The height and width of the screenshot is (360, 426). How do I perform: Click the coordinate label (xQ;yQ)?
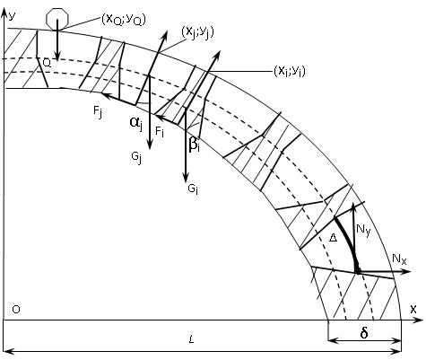[124, 20]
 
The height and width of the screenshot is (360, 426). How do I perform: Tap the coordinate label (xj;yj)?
[197, 32]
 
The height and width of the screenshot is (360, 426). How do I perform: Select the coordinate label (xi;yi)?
[290, 72]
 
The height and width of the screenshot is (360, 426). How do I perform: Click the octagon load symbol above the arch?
[57, 19]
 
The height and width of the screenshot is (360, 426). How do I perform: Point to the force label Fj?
[98, 112]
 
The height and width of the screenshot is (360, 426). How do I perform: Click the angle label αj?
[136, 123]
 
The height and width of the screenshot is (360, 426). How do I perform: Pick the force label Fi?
[160, 131]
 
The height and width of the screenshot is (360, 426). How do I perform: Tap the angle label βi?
[194, 145]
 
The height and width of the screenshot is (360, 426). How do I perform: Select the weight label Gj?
[136, 158]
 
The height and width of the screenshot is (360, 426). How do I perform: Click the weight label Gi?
[193, 189]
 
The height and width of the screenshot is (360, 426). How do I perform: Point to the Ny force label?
[363, 230]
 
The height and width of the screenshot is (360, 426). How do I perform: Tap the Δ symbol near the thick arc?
[333, 238]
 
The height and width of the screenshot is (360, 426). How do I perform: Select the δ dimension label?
[364, 333]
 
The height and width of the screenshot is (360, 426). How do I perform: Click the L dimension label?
[191, 339]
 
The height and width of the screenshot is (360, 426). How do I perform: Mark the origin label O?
[16, 310]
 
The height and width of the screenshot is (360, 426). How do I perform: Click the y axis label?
[12, 15]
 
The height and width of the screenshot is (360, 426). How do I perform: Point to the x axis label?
[413, 309]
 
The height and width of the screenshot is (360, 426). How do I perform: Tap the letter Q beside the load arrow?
[47, 63]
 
